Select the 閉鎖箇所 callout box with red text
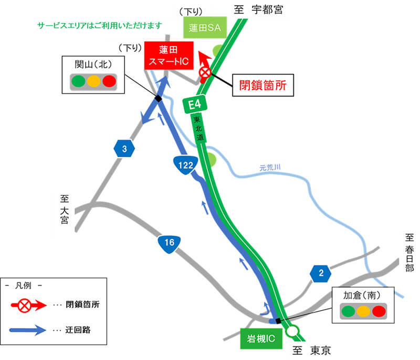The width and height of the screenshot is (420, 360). (262, 84)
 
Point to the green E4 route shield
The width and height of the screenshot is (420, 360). (195, 104)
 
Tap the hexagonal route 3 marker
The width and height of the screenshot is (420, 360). (124, 150)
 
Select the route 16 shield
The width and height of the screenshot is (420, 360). (169, 243)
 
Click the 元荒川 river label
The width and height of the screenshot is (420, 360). (270, 168)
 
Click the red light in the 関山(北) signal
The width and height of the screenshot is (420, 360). (109, 81)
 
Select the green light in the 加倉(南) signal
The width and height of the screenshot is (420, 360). (348, 311)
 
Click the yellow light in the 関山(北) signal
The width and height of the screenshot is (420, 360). (93, 81)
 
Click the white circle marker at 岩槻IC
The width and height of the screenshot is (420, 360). (292, 331)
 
